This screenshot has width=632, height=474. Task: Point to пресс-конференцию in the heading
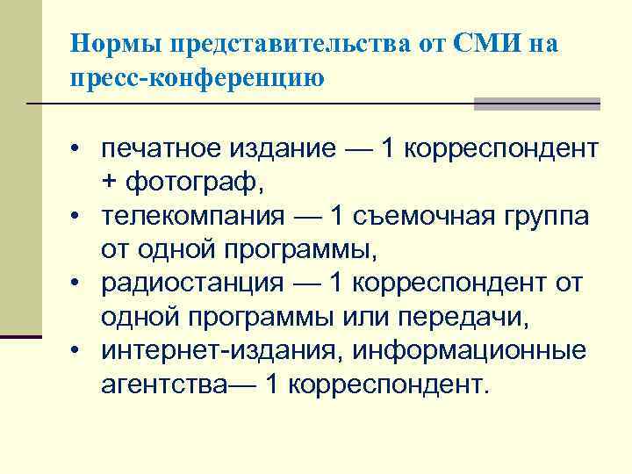[198, 77]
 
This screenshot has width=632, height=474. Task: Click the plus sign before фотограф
[109, 183]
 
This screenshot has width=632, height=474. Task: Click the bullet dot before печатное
[78, 148]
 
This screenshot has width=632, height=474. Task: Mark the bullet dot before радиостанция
[78, 284]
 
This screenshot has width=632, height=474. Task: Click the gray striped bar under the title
[536, 104]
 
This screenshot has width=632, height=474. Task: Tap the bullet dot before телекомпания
[78, 217]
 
